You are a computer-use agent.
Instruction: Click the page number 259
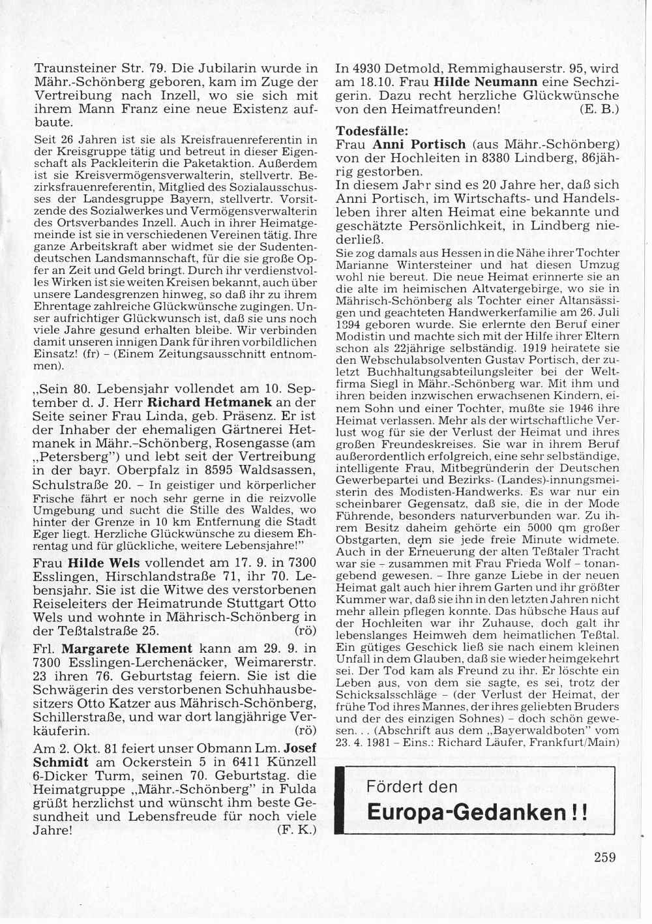click(x=604, y=857)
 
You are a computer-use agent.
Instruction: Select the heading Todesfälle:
click(x=372, y=130)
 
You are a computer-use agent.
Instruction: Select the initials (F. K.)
click(x=297, y=830)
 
